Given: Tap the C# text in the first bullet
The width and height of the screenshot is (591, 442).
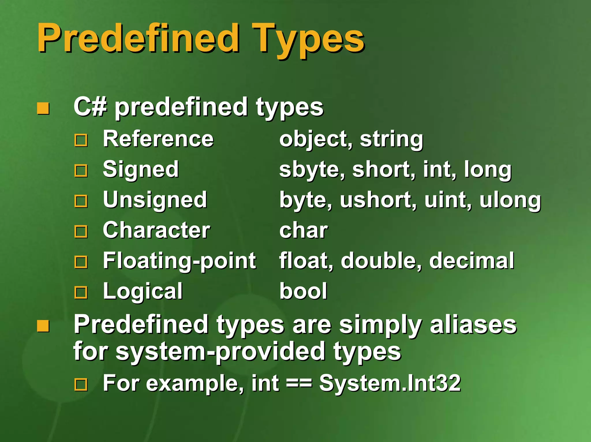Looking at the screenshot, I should (90, 107).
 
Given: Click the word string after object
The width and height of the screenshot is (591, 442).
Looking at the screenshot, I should (391, 139).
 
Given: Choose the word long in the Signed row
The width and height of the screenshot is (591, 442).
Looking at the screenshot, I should (488, 170).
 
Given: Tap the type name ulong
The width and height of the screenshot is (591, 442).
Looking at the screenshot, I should (510, 200).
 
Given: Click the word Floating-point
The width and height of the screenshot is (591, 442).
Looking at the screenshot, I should (179, 261).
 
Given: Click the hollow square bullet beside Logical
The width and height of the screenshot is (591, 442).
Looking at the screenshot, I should (81, 292).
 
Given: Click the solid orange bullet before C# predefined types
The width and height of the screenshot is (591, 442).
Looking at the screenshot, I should (43, 109).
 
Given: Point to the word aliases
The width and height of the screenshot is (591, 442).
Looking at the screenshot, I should (473, 324).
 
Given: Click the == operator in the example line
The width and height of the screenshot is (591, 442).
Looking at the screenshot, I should (299, 383).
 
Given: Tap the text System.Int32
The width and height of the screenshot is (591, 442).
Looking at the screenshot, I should (390, 383).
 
